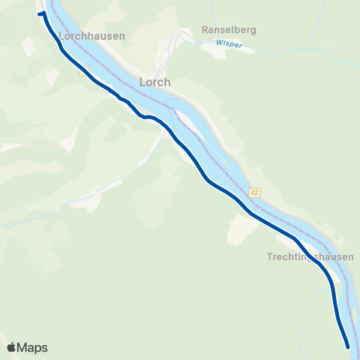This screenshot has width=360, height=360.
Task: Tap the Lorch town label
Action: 155,82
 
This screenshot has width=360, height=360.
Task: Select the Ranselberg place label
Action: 229,31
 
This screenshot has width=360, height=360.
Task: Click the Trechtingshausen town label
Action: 310,256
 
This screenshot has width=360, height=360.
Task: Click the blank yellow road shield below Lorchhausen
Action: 84,70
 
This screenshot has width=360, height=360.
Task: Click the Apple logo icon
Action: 11,347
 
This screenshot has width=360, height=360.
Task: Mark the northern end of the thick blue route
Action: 41,13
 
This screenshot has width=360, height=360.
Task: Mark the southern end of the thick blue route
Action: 348,346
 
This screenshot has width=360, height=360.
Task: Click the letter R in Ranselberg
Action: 205,31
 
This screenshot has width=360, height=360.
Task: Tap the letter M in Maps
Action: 23,348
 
